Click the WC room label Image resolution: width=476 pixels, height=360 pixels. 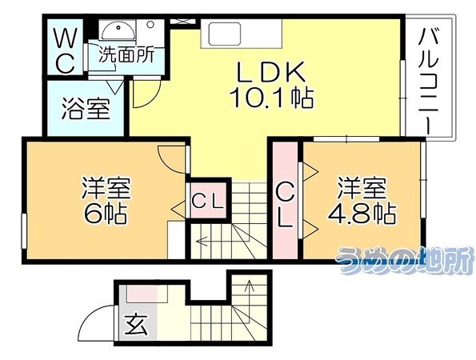point(64,50)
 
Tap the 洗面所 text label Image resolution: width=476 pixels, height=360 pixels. point(126,55)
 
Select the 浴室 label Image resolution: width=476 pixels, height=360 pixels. point(86,109)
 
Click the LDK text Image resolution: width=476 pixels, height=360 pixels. point(270,72)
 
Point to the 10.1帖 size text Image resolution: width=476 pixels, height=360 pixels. point(271,98)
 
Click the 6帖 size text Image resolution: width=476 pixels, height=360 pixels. point(105,213)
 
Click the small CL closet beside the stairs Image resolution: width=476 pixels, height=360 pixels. point(208,200)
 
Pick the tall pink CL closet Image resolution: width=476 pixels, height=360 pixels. point(285,200)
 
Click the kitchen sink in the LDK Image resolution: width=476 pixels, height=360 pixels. point(225,34)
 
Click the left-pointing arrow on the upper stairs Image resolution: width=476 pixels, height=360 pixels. point(202,242)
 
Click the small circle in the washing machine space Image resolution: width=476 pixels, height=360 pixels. point(150,24)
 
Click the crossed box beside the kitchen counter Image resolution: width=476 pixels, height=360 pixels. point(182,22)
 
